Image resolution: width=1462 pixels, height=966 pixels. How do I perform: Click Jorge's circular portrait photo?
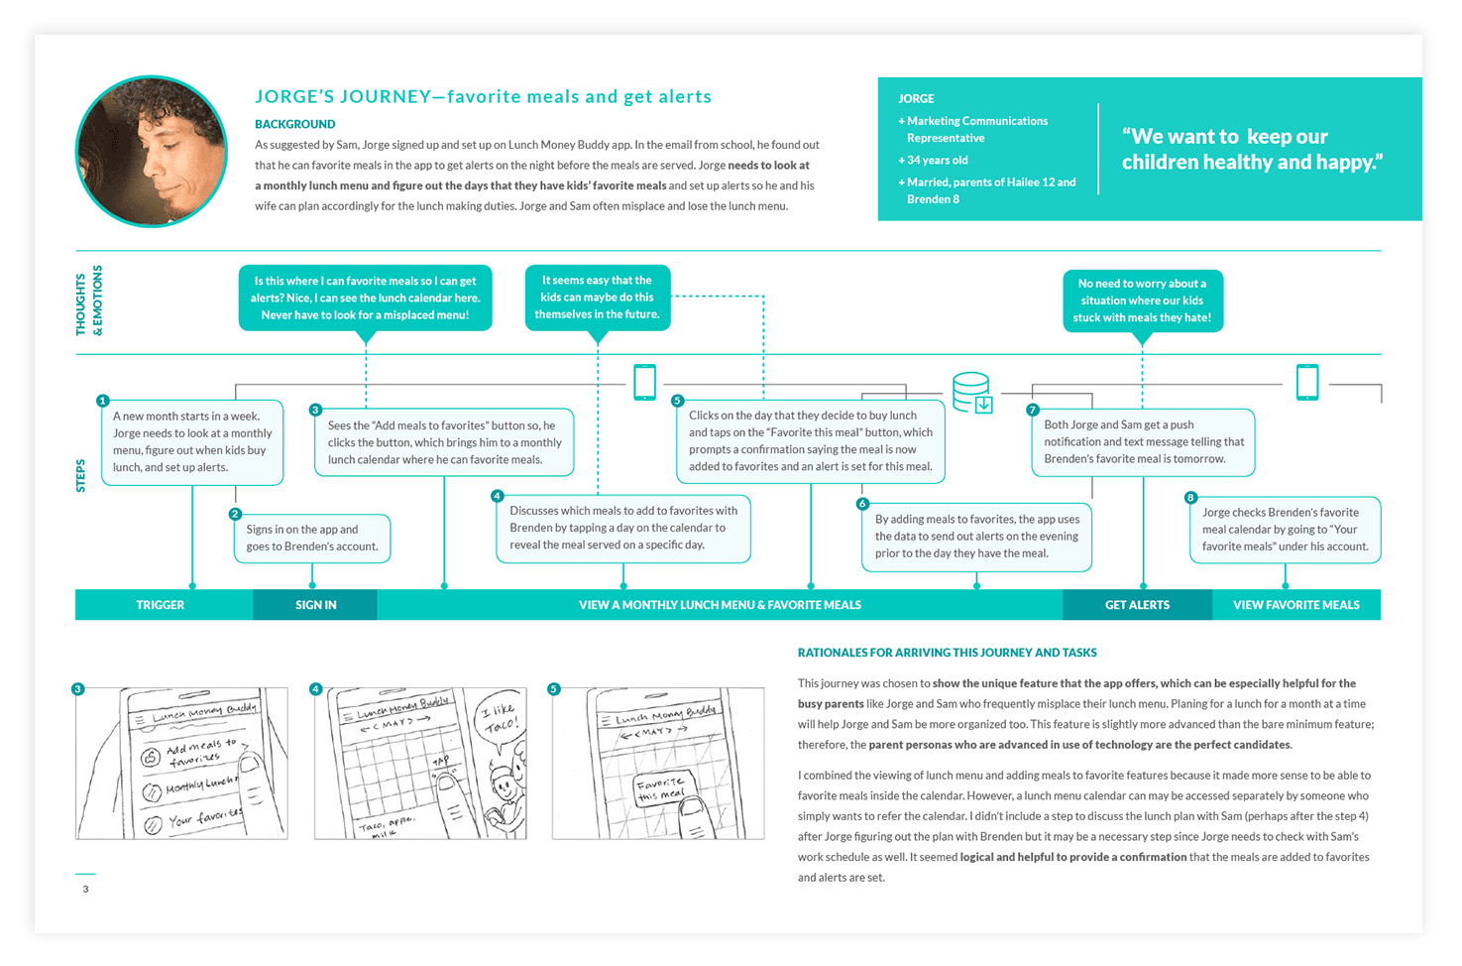tap(152, 152)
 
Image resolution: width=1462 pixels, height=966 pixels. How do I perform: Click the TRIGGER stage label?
tap(161, 605)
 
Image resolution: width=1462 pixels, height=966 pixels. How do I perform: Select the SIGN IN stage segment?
tap(315, 605)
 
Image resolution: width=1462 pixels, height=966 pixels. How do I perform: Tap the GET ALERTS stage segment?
tap(1137, 605)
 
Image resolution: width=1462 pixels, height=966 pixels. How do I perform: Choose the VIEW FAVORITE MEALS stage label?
tap(1295, 605)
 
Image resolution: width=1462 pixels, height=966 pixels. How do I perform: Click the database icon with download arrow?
tap(972, 392)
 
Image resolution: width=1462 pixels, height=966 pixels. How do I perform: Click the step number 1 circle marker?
tap(102, 401)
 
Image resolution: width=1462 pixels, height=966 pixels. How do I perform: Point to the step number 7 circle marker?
tap(1033, 410)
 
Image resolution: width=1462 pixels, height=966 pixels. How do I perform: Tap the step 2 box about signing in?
tap(312, 539)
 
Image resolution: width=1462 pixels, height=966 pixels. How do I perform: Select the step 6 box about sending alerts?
tap(976, 537)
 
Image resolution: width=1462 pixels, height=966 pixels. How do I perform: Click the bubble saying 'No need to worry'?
tap(1142, 301)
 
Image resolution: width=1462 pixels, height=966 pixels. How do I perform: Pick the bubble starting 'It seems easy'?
tap(597, 298)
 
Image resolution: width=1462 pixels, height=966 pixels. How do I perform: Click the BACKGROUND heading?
tap(294, 124)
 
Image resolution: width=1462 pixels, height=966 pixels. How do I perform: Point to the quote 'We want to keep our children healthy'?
tap(1252, 150)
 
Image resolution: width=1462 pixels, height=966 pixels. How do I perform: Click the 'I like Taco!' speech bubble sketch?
tap(500, 717)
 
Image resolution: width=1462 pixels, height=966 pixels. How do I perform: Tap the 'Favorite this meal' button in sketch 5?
tap(662, 789)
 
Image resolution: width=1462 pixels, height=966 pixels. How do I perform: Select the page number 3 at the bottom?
tap(85, 889)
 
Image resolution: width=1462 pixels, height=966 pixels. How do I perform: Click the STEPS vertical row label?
tap(81, 476)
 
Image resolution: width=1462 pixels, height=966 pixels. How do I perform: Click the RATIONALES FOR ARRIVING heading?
tap(947, 653)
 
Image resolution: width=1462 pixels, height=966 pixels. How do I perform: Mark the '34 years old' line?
tap(937, 160)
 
